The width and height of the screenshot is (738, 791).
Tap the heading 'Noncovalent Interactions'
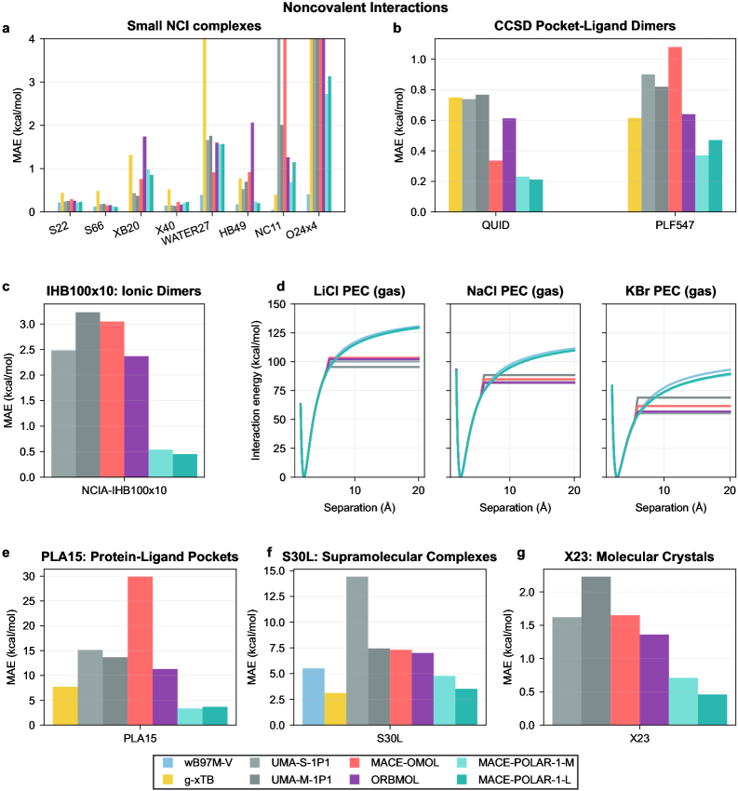[x=369, y=7]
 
